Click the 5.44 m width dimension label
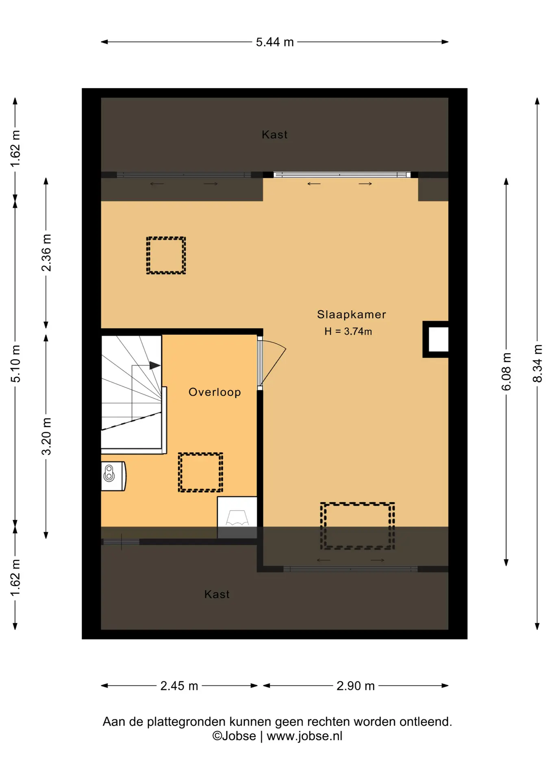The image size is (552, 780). click(275, 42)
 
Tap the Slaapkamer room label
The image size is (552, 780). click(352, 314)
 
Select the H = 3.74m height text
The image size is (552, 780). click(348, 331)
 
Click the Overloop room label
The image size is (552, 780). click(215, 392)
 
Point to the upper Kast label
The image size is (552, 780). click(275, 134)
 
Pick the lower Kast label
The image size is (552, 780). click(217, 594)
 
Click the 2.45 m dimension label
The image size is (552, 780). click(179, 686)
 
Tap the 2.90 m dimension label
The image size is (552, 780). click(356, 686)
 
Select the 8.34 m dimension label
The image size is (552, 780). click(537, 364)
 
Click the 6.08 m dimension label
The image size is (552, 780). click(506, 372)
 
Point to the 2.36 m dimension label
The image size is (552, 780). click(46, 253)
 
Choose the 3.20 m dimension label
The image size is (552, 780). click(46, 436)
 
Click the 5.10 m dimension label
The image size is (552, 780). click(15, 364)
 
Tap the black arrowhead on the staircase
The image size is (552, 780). click(154, 366)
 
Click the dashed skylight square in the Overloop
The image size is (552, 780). click(200, 472)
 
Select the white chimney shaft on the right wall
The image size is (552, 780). click(438, 340)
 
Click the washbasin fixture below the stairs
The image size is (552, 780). click(113, 476)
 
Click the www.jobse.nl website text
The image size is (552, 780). click(304, 736)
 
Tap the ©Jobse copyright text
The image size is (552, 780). click(234, 736)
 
